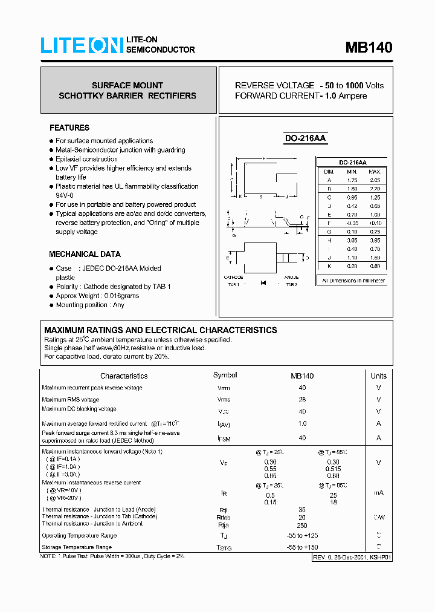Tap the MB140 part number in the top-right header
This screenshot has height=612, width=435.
pyautogui.click(x=369, y=48)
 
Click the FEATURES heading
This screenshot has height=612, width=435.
pyautogui.click(x=69, y=128)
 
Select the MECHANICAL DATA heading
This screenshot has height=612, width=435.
pyautogui.click(x=85, y=254)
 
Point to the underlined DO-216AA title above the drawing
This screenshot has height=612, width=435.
pyautogui.click(x=305, y=138)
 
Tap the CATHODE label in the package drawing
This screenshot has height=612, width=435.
pyautogui.click(x=233, y=277)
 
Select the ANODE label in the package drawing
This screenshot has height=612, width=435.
pyautogui.click(x=291, y=277)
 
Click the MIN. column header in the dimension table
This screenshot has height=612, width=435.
pyautogui.click(x=352, y=172)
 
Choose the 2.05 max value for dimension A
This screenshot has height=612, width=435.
pyautogui.click(x=375, y=180)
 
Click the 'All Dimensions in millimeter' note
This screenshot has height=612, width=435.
pyautogui.click(x=353, y=281)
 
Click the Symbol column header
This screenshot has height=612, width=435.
pyautogui.click(x=225, y=375)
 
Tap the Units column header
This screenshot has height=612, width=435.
pyautogui.click(x=378, y=376)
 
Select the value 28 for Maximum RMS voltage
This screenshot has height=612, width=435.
pyautogui.click(x=302, y=400)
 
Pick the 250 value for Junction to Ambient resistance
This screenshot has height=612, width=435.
pyautogui.click(x=302, y=524)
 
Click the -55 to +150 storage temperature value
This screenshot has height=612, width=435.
pyautogui.click(x=302, y=547)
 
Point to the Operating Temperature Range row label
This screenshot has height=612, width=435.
pyautogui.click(x=79, y=536)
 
